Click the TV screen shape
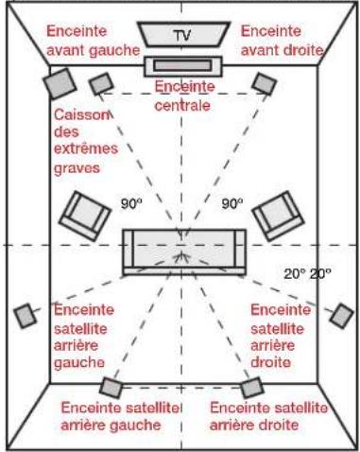[x=184, y=34]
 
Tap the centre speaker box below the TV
[x=183, y=66]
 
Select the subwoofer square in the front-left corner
[x=60, y=83]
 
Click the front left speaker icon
[x=101, y=83]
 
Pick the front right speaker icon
[x=265, y=83]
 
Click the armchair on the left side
[x=85, y=216]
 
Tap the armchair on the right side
[x=278, y=216]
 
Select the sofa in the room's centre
[x=184, y=252]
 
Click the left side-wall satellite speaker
[x=26, y=316]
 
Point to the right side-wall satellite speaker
[x=342, y=316]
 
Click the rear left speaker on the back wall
[x=111, y=388]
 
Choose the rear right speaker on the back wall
[x=252, y=388]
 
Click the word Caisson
[x=81, y=115]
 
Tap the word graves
[x=77, y=168]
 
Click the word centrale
[x=182, y=106]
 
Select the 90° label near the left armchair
[x=131, y=203]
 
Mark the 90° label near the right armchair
[x=232, y=203]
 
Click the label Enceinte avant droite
[x=282, y=41]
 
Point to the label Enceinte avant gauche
[x=93, y=41]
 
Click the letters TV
[x=182, y=35]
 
